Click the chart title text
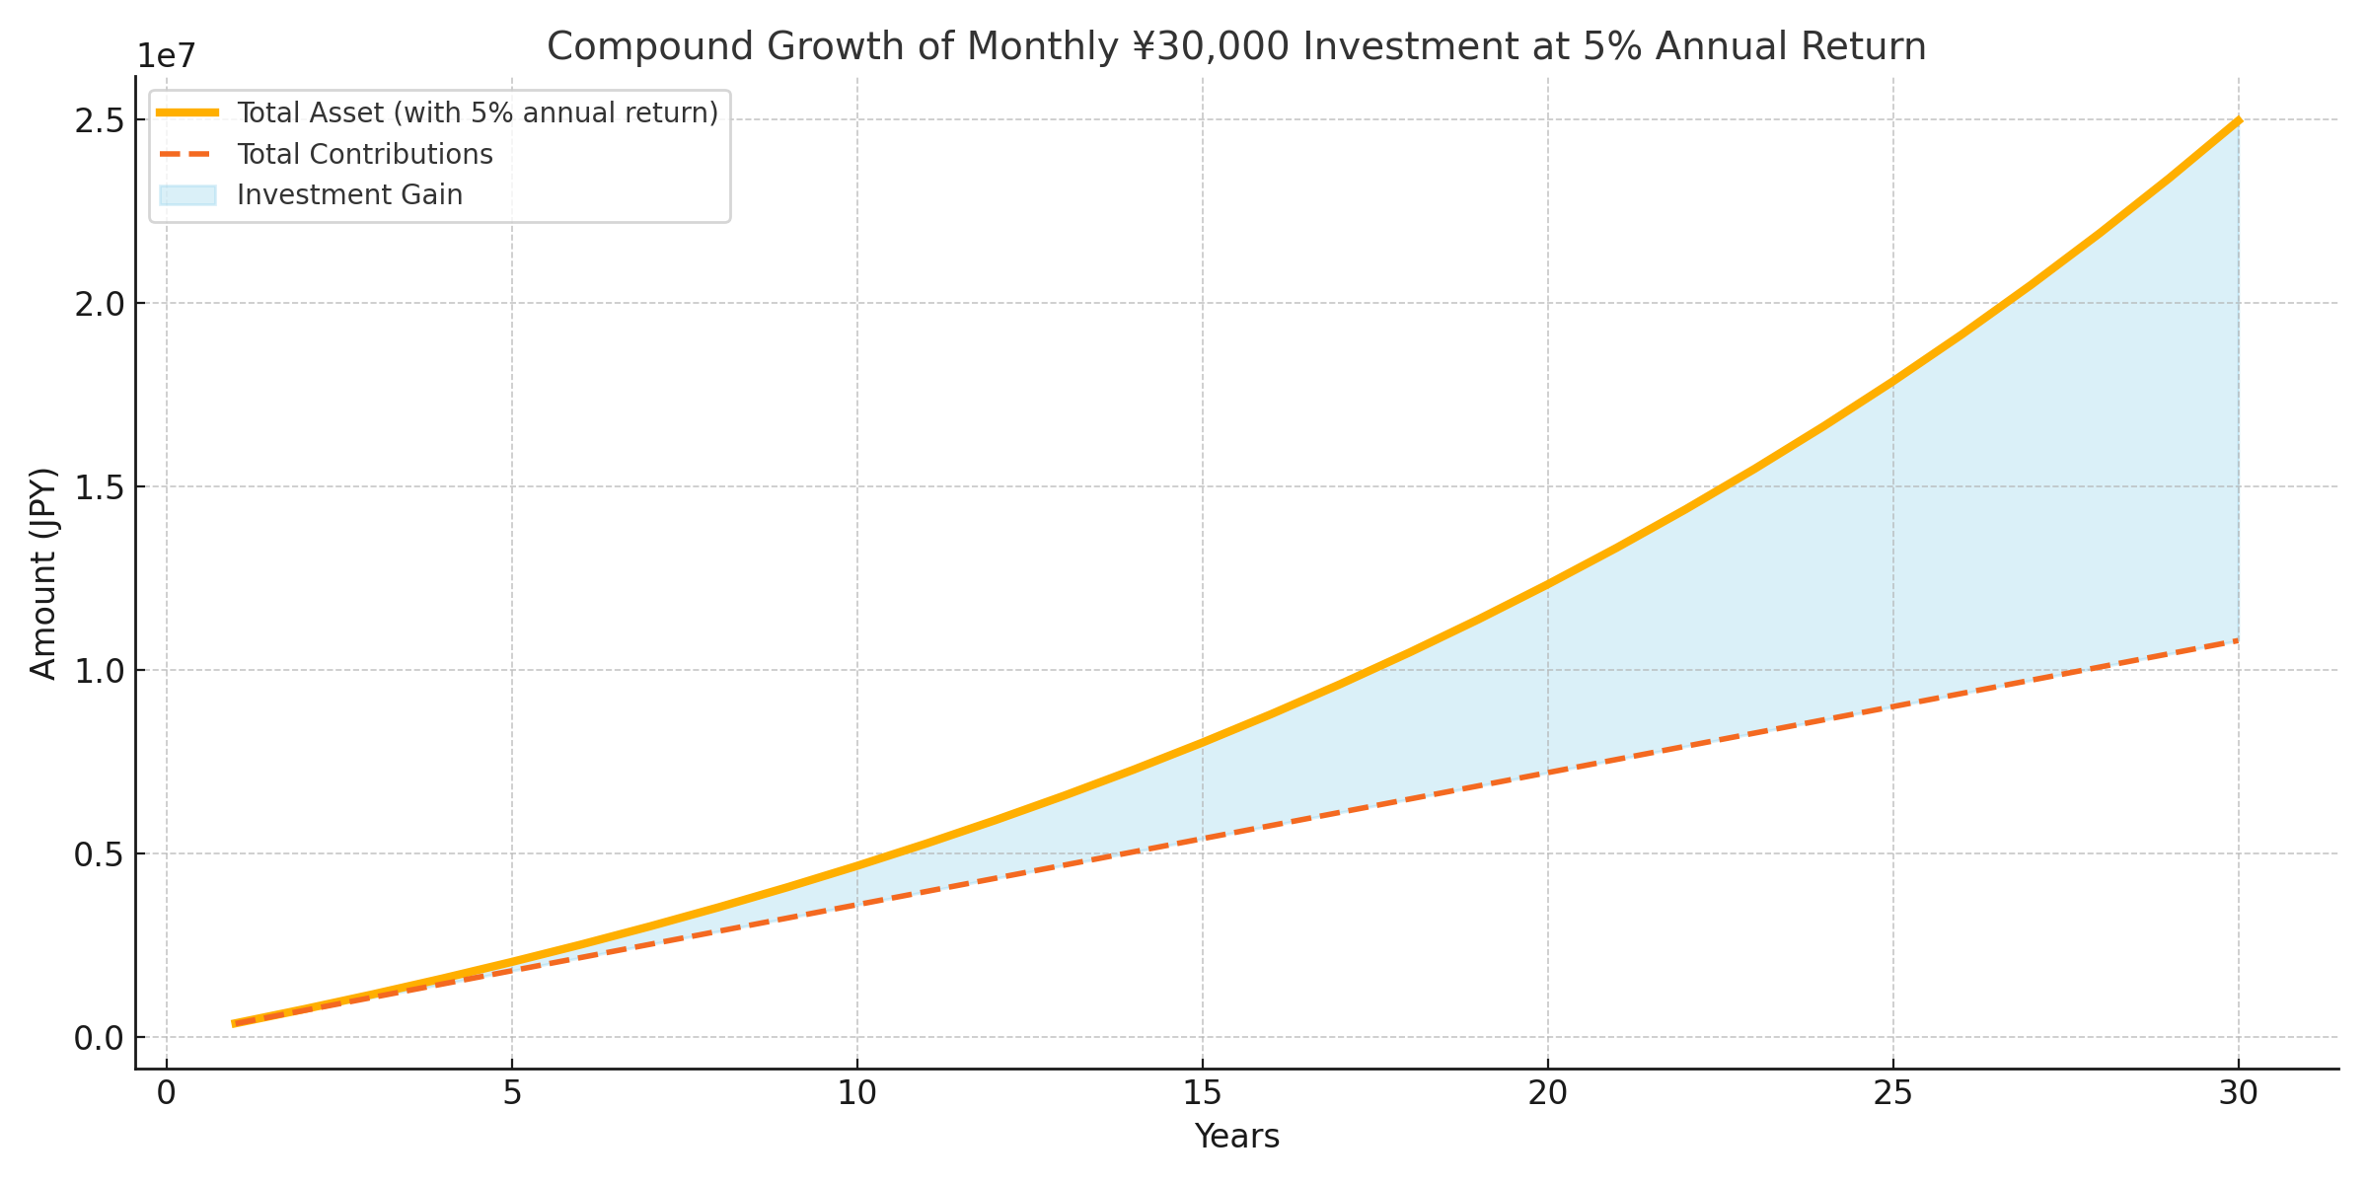tap(1236, 47)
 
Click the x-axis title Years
tap(1236, 1137)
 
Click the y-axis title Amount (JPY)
tap(43, 572)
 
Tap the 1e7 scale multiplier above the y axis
tap(166, 57)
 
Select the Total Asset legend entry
tap(478, 113)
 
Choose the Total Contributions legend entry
tap(365, 155)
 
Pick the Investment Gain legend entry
tap(349, 195)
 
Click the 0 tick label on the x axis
tap(167, 1094)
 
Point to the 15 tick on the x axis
tap(1202, 1094)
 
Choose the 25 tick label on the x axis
tap(1892, 1094)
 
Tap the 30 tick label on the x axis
tap(2238, 1094)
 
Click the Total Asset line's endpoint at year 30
tap(2238, 120)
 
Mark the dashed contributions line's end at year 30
tap(2237, 641)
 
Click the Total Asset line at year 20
tap(1547, 584)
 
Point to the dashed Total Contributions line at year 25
tap(1892, 706)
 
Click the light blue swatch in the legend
tap(187, 195)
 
